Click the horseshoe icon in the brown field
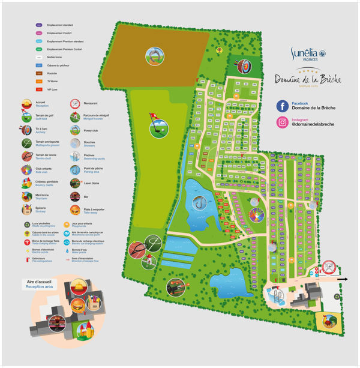point(154,56)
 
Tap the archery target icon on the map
point(242,65)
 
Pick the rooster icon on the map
point(329,322)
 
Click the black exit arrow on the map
point(342,279)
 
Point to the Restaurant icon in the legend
point(75,103)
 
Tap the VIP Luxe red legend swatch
point(38,89)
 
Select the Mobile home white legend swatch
point(38,57)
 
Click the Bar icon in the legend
point(75,196)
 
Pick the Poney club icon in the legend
point(75,130)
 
